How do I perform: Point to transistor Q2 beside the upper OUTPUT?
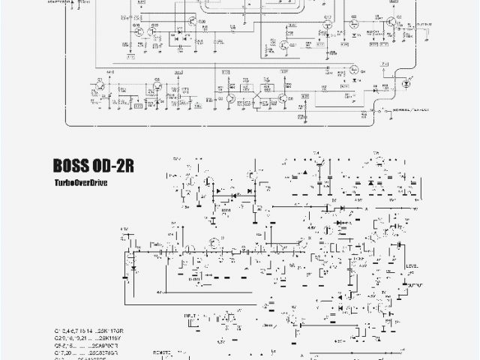coord(392,26)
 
